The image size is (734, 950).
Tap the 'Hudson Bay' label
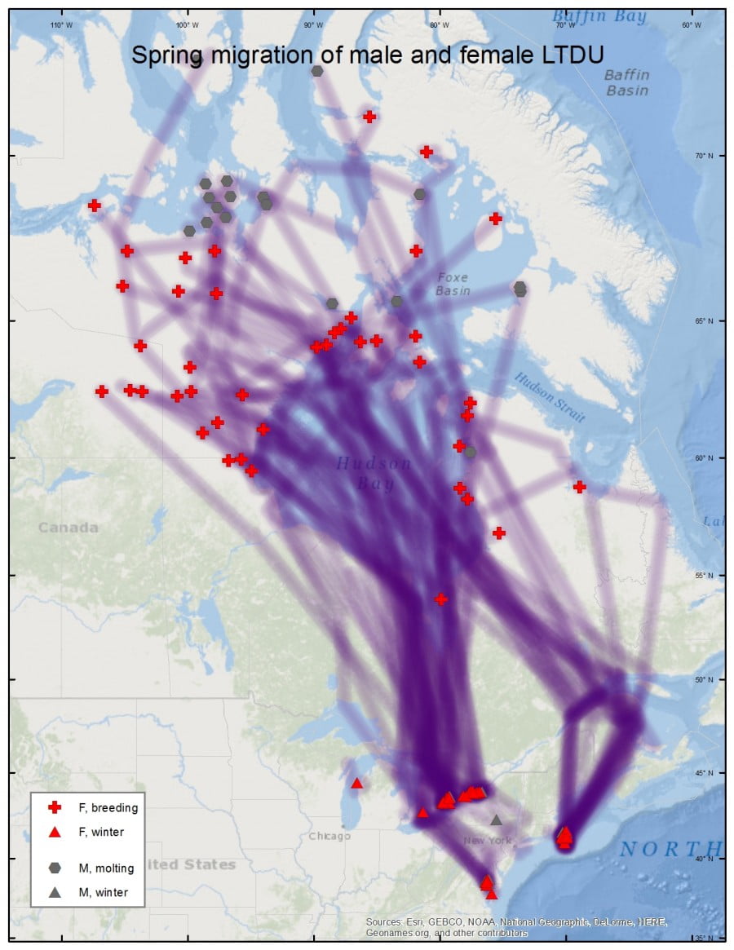pos(374,473)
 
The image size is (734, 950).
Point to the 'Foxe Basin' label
pos(452,284)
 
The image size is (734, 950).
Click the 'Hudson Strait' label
pos(550,397)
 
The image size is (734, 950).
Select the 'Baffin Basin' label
pos(627,82)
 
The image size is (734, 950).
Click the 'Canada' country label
pos(69,528)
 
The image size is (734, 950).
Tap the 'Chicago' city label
pos(329,836)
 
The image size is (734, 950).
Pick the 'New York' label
pos(487,840)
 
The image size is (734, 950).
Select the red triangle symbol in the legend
pos(55,833)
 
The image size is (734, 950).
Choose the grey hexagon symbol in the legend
pos(55,868)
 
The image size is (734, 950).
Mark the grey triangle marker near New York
pos(496,820)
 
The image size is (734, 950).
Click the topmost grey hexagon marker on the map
pos(317,71)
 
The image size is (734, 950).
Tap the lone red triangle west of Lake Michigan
pos(356,783)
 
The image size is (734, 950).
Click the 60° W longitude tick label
pos(692,25)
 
